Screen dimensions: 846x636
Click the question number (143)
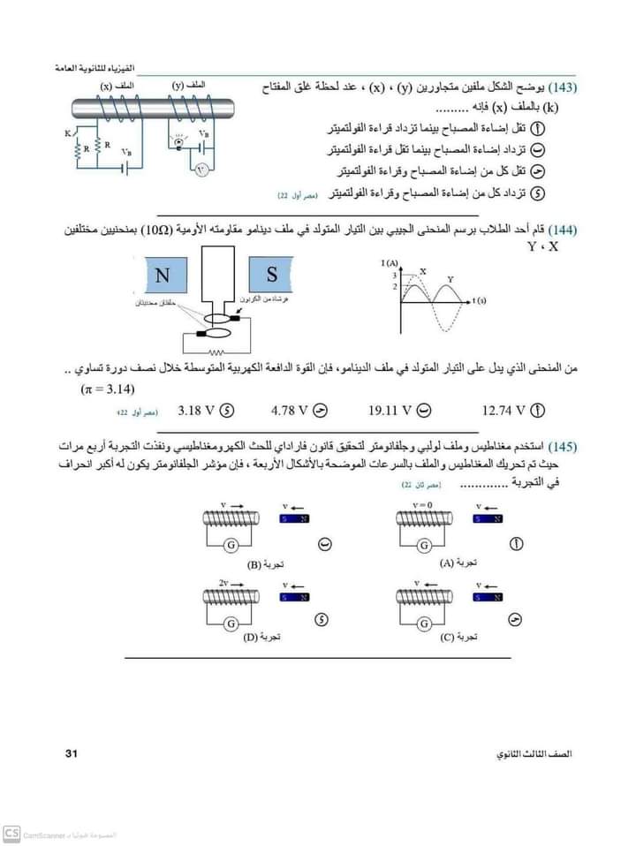point(562,89)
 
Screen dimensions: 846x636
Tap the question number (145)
point(562,444)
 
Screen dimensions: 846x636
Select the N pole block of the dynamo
point(163,274)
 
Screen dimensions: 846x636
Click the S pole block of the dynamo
point(273,273)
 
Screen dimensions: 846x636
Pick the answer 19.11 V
point(391,411)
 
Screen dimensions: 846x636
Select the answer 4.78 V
point(291,411)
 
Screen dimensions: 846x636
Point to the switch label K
point(68,133)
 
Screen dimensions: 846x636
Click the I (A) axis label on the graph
point(389,263)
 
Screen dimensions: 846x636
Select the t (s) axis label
point(480,301)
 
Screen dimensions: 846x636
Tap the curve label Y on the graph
point(450,279)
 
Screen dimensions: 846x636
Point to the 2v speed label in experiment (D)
point(224,583)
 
